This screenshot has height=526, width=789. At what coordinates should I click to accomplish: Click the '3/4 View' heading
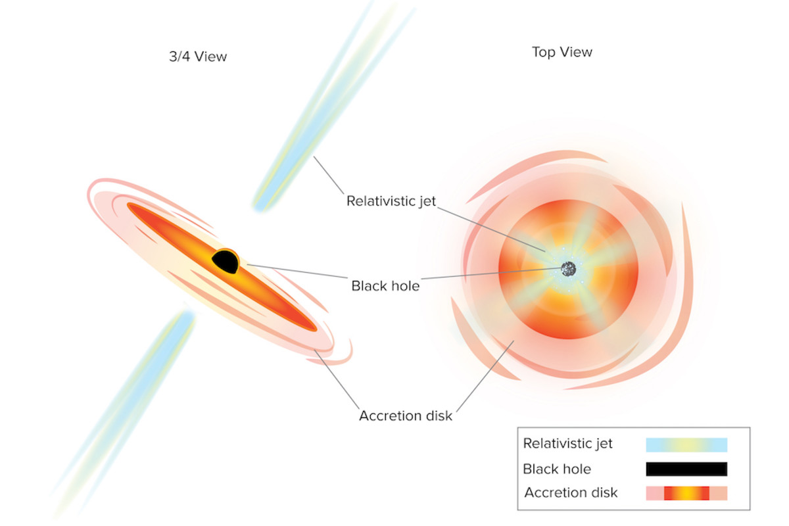click(x=197, y=57)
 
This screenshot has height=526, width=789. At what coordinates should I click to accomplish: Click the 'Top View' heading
click(x=562, y=52)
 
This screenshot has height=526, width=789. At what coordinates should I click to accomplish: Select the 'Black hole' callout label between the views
click(x=385, y=286)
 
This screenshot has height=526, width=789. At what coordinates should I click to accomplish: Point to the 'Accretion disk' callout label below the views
click(x=406, y=416)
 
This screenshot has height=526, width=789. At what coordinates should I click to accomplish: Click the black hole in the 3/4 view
click(x=225, y=262)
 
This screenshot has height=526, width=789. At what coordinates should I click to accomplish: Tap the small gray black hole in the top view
click(x=568, y=268)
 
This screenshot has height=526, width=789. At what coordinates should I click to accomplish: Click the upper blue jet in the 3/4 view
click(x=309, y=131)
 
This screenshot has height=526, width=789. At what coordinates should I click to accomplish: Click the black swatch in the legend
click(x=686, y=469)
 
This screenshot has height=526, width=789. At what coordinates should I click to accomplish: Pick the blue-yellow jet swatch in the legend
click(x=686, y=444)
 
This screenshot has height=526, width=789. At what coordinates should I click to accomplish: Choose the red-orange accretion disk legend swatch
click(x=686, y=493)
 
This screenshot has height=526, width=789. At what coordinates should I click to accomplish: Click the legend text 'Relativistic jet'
click(x=568, y=444)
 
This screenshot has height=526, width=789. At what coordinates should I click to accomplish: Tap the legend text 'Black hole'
click(x=557, y=469)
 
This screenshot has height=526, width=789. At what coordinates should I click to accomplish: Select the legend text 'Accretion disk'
click(x=571, y=492)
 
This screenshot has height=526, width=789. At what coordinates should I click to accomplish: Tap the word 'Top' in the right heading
click(x=544, y=52)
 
